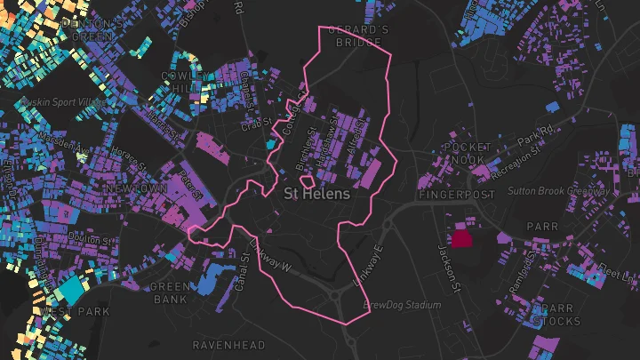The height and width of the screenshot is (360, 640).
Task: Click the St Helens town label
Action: pyautogui.click(x=317, y=193)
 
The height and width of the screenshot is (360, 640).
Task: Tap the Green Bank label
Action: pyautogui.click(x=169, y=293)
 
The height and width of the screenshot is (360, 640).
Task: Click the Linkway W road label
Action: pyautogui.click(x=270, y=254)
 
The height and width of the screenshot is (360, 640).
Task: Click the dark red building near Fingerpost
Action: pyautogui.click(x=461, y=237)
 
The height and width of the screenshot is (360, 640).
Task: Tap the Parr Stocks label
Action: pyautogui.click(x=556, y=314)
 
